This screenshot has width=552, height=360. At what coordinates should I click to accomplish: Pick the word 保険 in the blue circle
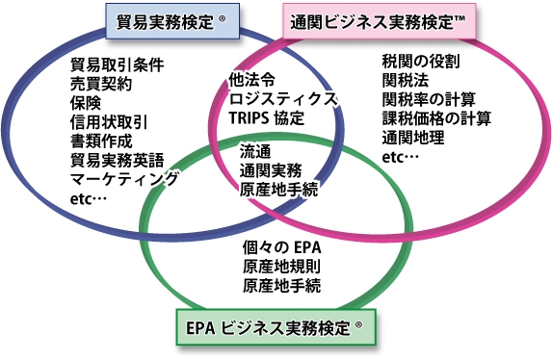[86, 103]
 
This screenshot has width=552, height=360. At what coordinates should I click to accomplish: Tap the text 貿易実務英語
[117, 160]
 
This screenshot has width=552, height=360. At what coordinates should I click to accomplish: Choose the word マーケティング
[124, 179]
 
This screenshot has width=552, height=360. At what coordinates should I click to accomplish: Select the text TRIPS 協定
[267, 117]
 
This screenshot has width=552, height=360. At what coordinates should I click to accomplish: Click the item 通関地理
[412, 137]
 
